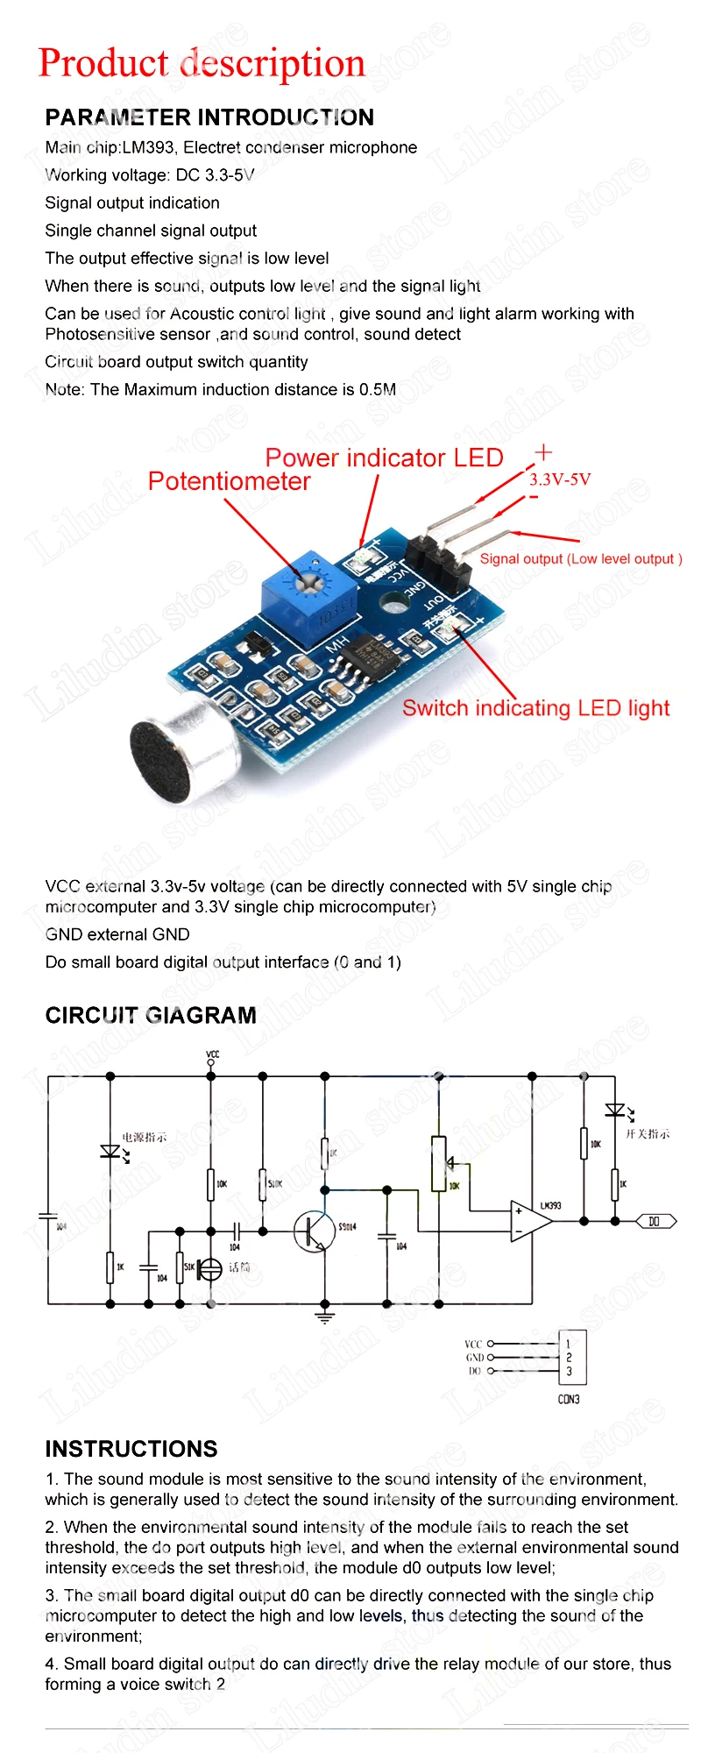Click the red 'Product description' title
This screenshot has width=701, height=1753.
[x=202, y=64]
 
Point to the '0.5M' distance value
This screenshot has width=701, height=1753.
[x=378, y=389]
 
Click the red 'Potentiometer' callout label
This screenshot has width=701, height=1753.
[x=229, y=481]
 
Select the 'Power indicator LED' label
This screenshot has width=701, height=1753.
[x=384, y=458]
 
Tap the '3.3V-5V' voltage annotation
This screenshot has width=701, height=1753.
[x=560, y=479]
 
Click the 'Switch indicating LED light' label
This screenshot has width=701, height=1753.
[x=535, y=708]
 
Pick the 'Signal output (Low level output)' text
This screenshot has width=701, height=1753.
[x=580, y=558]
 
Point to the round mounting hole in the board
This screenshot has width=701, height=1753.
[x=391, y=601]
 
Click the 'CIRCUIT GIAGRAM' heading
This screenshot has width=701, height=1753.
[x=151, y=1015]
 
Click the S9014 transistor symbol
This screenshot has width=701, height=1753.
[x=312, y=1231]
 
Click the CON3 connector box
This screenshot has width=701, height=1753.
[x=571, y=1358]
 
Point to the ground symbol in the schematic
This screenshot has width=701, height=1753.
[x=325, y=1317]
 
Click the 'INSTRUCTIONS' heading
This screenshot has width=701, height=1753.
[x=131, y=1449]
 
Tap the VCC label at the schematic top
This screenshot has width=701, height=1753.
[x=212, y=1054]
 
